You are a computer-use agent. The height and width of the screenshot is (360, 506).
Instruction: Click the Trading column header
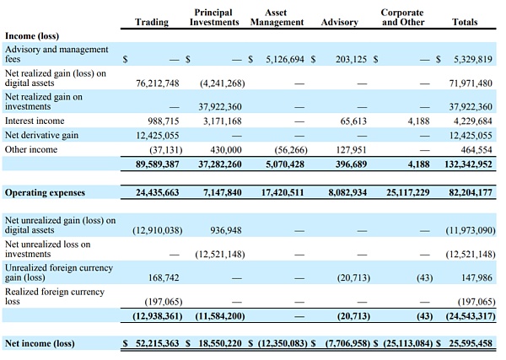(151, 22)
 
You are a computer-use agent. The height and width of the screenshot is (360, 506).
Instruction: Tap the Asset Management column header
(277, 17)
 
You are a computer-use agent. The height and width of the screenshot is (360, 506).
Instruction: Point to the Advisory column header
(339, 22)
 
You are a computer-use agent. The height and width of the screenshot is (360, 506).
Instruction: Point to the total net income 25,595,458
(471, 344)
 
